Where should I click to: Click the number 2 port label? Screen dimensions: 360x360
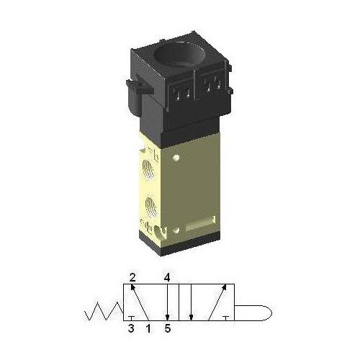tap(132, 276)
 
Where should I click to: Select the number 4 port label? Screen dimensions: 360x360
tap(166, 276)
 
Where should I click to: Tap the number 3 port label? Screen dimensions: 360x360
tap(131, 330)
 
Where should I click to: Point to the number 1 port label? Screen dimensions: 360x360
tap(149, 330)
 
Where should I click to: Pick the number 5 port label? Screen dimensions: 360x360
tap(167, 330)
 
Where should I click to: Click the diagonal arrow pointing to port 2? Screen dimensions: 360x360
tap(140, 302)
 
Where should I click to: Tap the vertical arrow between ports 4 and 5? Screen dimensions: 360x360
tap(166, 302)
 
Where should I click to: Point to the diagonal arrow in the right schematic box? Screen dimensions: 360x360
tap(215, 302)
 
